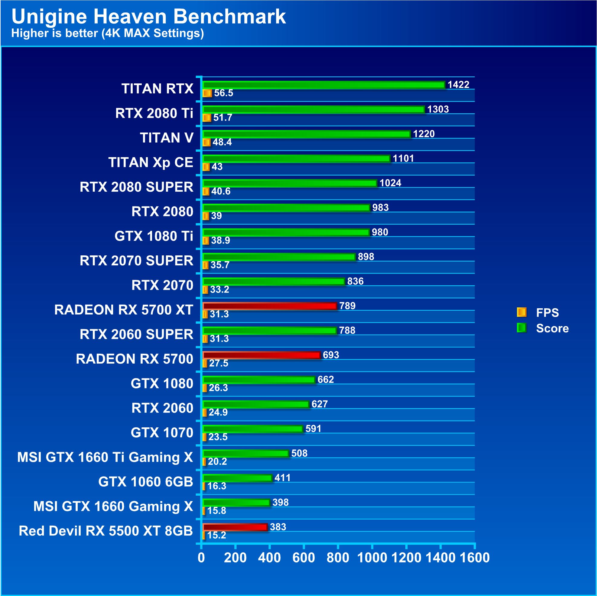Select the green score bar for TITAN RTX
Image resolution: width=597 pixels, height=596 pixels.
(323, 85)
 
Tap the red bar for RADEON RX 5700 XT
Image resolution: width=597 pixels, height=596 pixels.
(269, 306)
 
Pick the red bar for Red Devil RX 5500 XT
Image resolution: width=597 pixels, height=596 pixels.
(235, 527)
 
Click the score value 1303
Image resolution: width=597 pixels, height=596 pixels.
(438, 109)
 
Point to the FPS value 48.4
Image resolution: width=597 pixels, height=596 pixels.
(222, 142)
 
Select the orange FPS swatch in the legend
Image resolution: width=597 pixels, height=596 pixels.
(521, 313)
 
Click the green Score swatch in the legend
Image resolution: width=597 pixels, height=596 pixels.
(521, 328)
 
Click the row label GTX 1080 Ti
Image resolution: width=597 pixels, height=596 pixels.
(154, 236)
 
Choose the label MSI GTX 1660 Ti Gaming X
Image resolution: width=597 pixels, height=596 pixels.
(105, 457)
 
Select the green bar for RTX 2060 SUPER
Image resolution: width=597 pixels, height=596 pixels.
(269, 331)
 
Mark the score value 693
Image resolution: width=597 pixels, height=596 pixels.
(331, 355)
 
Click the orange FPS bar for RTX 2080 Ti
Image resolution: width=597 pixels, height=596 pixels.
(207, 118)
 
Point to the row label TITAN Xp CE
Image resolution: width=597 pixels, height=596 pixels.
(151, 162)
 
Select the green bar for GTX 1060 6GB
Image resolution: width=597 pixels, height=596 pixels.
(237, 478)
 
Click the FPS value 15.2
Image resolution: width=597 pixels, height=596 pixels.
(217, 535)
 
